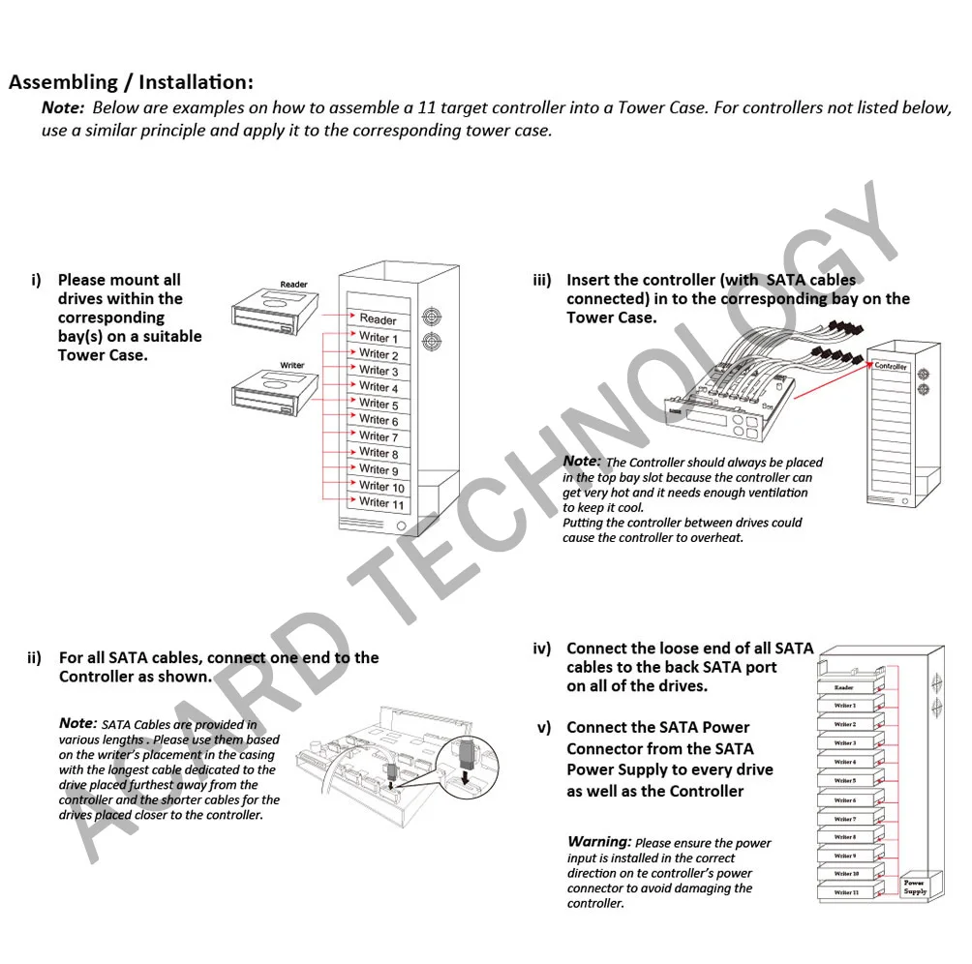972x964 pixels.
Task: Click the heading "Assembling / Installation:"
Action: point(131,82)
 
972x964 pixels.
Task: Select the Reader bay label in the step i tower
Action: point(378,318)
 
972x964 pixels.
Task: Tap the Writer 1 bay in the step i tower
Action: point(378,338)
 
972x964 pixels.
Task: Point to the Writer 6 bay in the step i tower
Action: point(378,420)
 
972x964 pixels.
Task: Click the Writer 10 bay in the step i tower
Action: point(380,487)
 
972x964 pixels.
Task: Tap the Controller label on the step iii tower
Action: point(891,367)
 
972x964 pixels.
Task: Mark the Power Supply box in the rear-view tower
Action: point(915,886)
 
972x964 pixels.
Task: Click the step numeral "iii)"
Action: point(542,281)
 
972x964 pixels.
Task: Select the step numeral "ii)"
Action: point(35,658)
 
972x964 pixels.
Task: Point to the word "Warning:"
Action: point(599,842)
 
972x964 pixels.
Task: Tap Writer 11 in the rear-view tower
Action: point(846,892)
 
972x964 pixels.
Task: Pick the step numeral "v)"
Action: point(544,728)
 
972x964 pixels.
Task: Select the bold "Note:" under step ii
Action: point(77,723)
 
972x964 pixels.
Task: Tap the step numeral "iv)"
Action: point(542,648)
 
